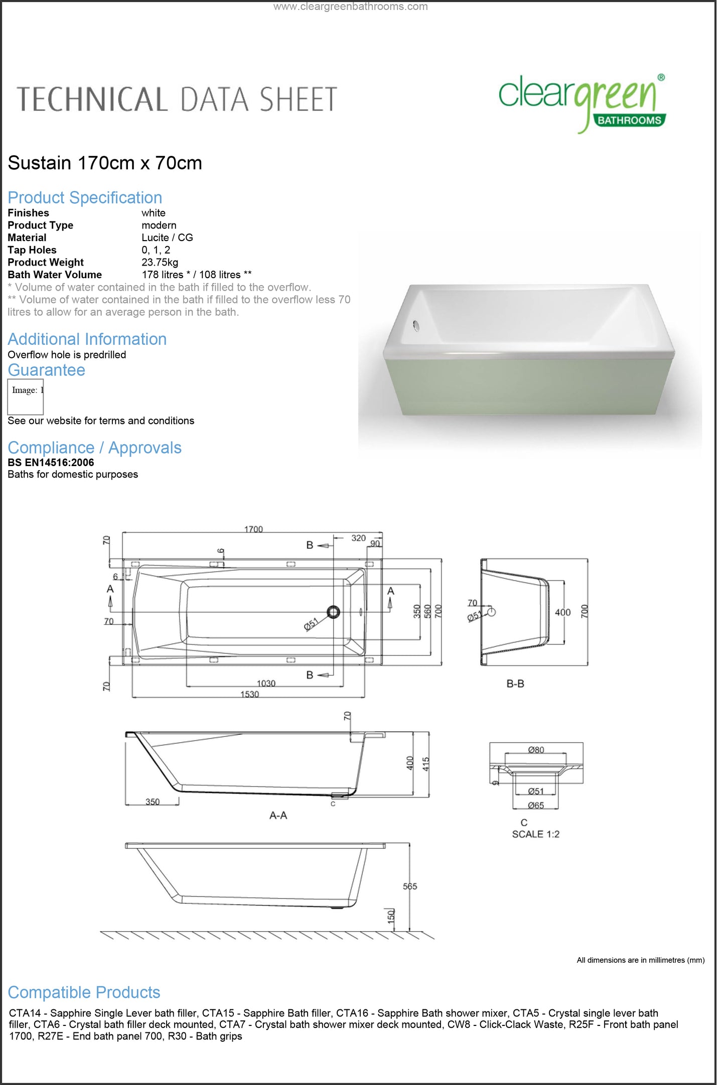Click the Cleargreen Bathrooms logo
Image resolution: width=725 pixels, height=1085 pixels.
click(582, 103)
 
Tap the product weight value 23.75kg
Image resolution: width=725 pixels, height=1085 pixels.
click(160, 262)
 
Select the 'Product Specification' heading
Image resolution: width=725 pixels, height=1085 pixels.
click(85, 197)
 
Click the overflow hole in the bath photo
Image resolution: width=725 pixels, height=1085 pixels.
click(415, 326)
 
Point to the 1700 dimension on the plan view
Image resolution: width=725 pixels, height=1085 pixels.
click(253, 529)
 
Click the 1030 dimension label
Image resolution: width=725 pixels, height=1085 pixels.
click(266, 683)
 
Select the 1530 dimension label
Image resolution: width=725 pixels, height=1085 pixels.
click(249, 694)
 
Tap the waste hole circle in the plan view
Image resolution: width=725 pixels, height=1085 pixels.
click(333, 612)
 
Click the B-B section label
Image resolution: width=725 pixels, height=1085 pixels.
click(515, 684)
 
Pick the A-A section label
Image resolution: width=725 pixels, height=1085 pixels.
click(278, 815)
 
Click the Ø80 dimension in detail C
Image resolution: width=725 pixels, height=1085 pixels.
click(536, 750)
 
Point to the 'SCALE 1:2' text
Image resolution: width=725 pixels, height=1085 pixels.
click(535, 834)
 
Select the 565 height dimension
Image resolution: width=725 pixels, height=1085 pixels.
click(410, 886)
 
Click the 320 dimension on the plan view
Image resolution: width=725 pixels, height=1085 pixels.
click(358, 538)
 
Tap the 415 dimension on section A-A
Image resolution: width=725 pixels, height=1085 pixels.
click(426, 764)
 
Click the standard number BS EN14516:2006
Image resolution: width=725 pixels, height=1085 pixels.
click(51, 462)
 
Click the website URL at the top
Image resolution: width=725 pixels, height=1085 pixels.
click(350, 7)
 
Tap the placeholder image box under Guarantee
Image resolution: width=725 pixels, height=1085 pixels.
click(26, 396)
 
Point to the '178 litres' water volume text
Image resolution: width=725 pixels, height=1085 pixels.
click(163, 275)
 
